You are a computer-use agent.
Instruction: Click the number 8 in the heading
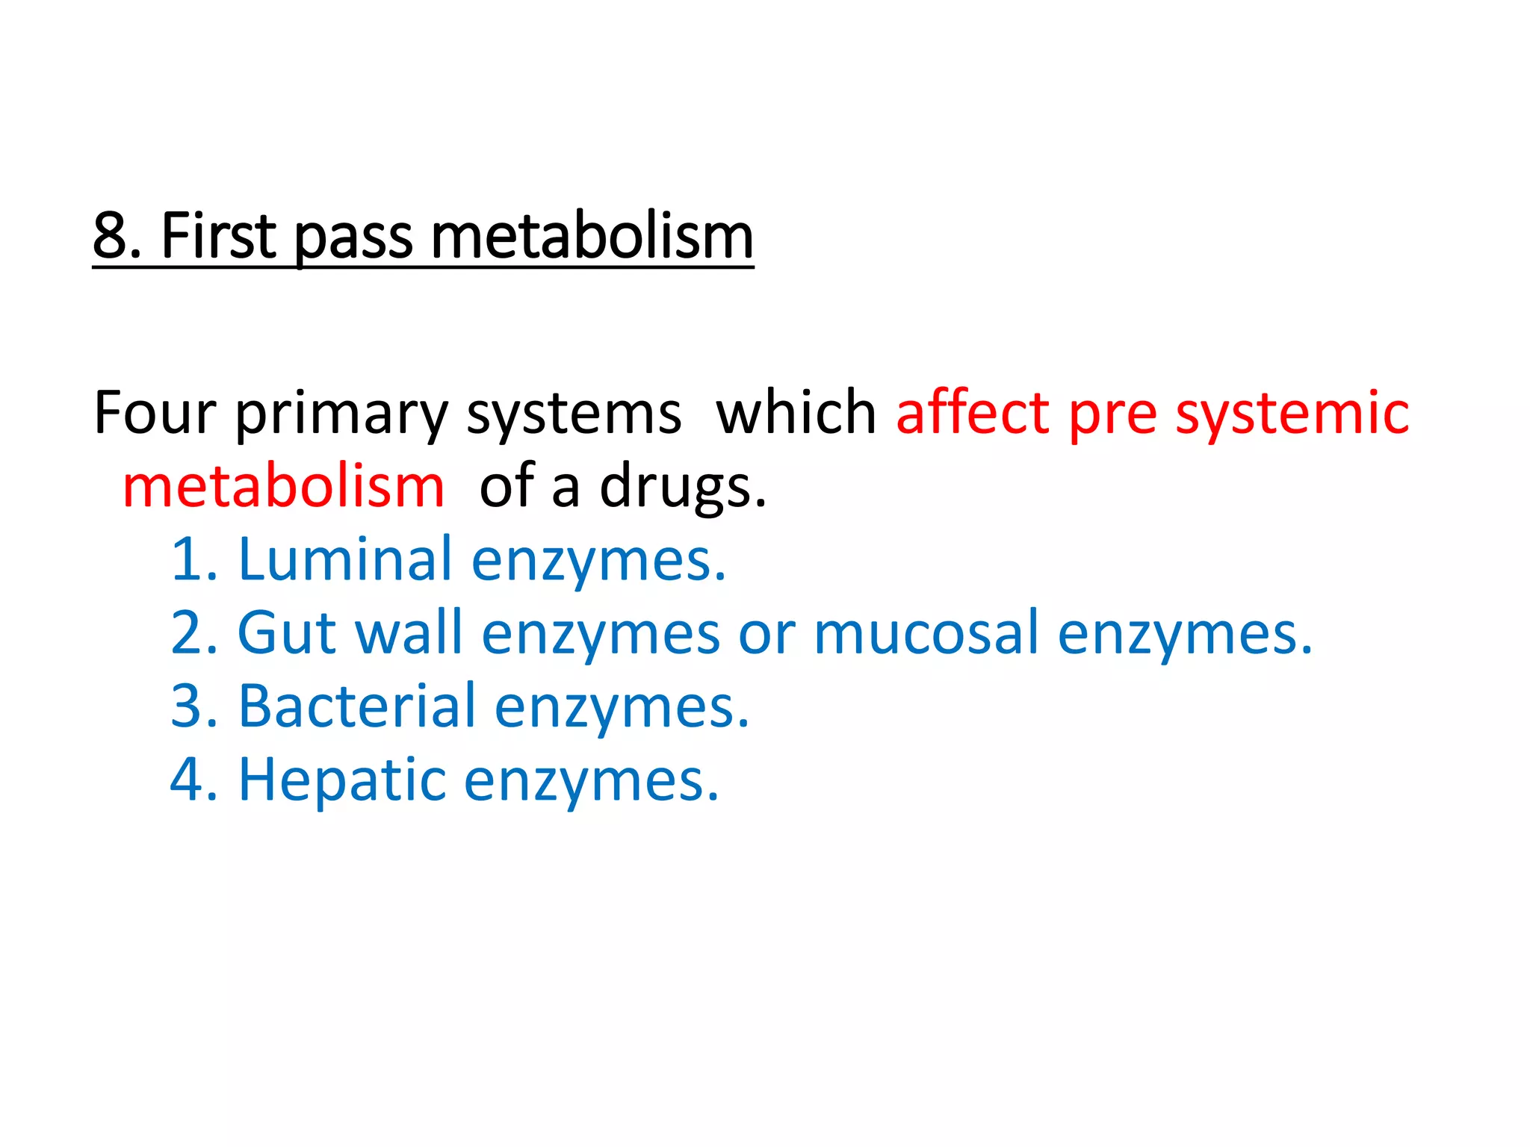click(x=111, y=236)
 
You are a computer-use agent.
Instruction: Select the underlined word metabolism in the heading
click(x=592, y=236)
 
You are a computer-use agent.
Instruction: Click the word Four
click(x=155, y=413)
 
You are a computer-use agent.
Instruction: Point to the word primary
click(x=341, y=415)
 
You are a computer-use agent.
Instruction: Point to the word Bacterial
click(x=357, y=706)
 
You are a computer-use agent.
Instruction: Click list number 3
click(x=188, y=706)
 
